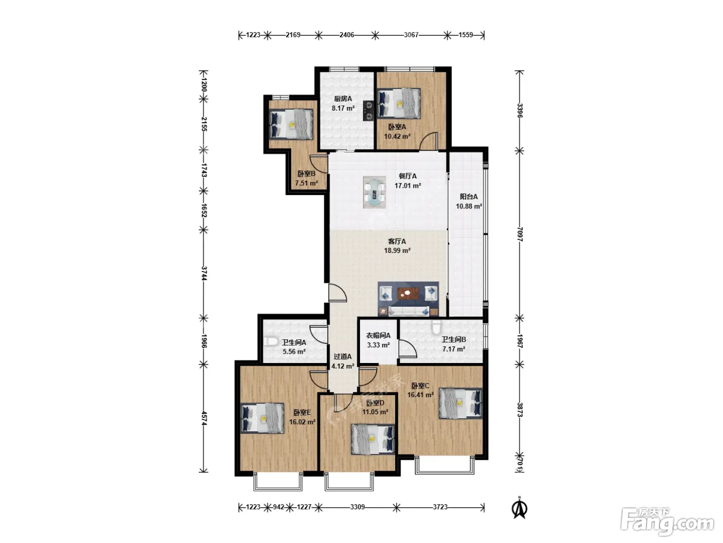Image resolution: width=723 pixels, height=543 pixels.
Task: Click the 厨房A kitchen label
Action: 343,99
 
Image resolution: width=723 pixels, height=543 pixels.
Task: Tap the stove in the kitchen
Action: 368,110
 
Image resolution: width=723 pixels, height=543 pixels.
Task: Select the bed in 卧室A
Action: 399,103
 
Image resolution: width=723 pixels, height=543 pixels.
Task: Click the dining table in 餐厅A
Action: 374,192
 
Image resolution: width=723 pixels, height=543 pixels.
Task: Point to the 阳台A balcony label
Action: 468,197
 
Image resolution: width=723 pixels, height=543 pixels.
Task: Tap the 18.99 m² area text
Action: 397,251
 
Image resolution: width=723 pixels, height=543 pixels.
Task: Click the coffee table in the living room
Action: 408,293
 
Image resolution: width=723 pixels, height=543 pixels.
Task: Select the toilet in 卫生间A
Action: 271,341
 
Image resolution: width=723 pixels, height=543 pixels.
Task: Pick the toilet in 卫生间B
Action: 436,326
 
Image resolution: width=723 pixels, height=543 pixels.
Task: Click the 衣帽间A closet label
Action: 379,336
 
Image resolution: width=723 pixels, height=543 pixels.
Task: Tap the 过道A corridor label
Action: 342,356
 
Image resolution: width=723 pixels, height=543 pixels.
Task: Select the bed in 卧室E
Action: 262,418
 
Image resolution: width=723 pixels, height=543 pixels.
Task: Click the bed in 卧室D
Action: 373,439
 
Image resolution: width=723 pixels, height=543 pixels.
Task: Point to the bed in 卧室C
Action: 461,403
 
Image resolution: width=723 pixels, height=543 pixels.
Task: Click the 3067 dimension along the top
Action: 411,35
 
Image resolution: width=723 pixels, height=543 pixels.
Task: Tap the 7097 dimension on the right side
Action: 520,234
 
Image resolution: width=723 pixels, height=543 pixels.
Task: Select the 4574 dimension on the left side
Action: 204,418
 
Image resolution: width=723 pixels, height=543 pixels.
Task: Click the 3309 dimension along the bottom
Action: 357,507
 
